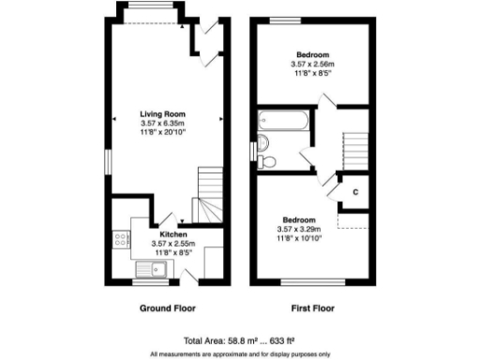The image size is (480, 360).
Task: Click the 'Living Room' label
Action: pyautogui.click(x=165, y=113)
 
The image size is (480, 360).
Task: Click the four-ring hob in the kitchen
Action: pyautogui.click(x=120, y=240)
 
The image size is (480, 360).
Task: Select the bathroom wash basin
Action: pyautogui.click(x=262, y=142)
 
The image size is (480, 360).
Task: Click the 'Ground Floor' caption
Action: pyautogui.click(x=168, y=307)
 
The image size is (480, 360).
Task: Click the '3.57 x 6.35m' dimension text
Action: pyautogui.click(x=165, y=123)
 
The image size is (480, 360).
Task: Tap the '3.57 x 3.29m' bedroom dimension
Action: pyautogui.click(x=299, y=229)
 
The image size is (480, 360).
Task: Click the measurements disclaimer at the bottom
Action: pyautogui.click(x=240, y=353)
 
